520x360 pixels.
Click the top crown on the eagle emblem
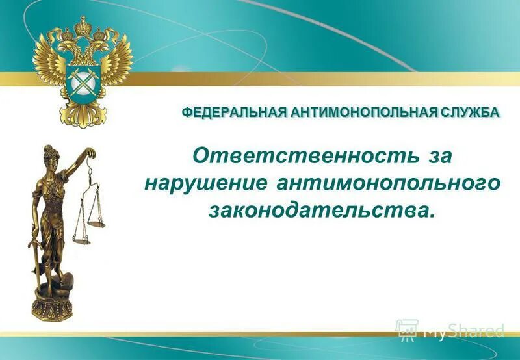tap(82, 26)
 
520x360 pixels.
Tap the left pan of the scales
tap(82, 240)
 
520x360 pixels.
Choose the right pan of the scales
tap(97, 224)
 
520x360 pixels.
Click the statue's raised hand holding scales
tap(91, 154)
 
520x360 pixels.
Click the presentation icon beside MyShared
tap(407, 329)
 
